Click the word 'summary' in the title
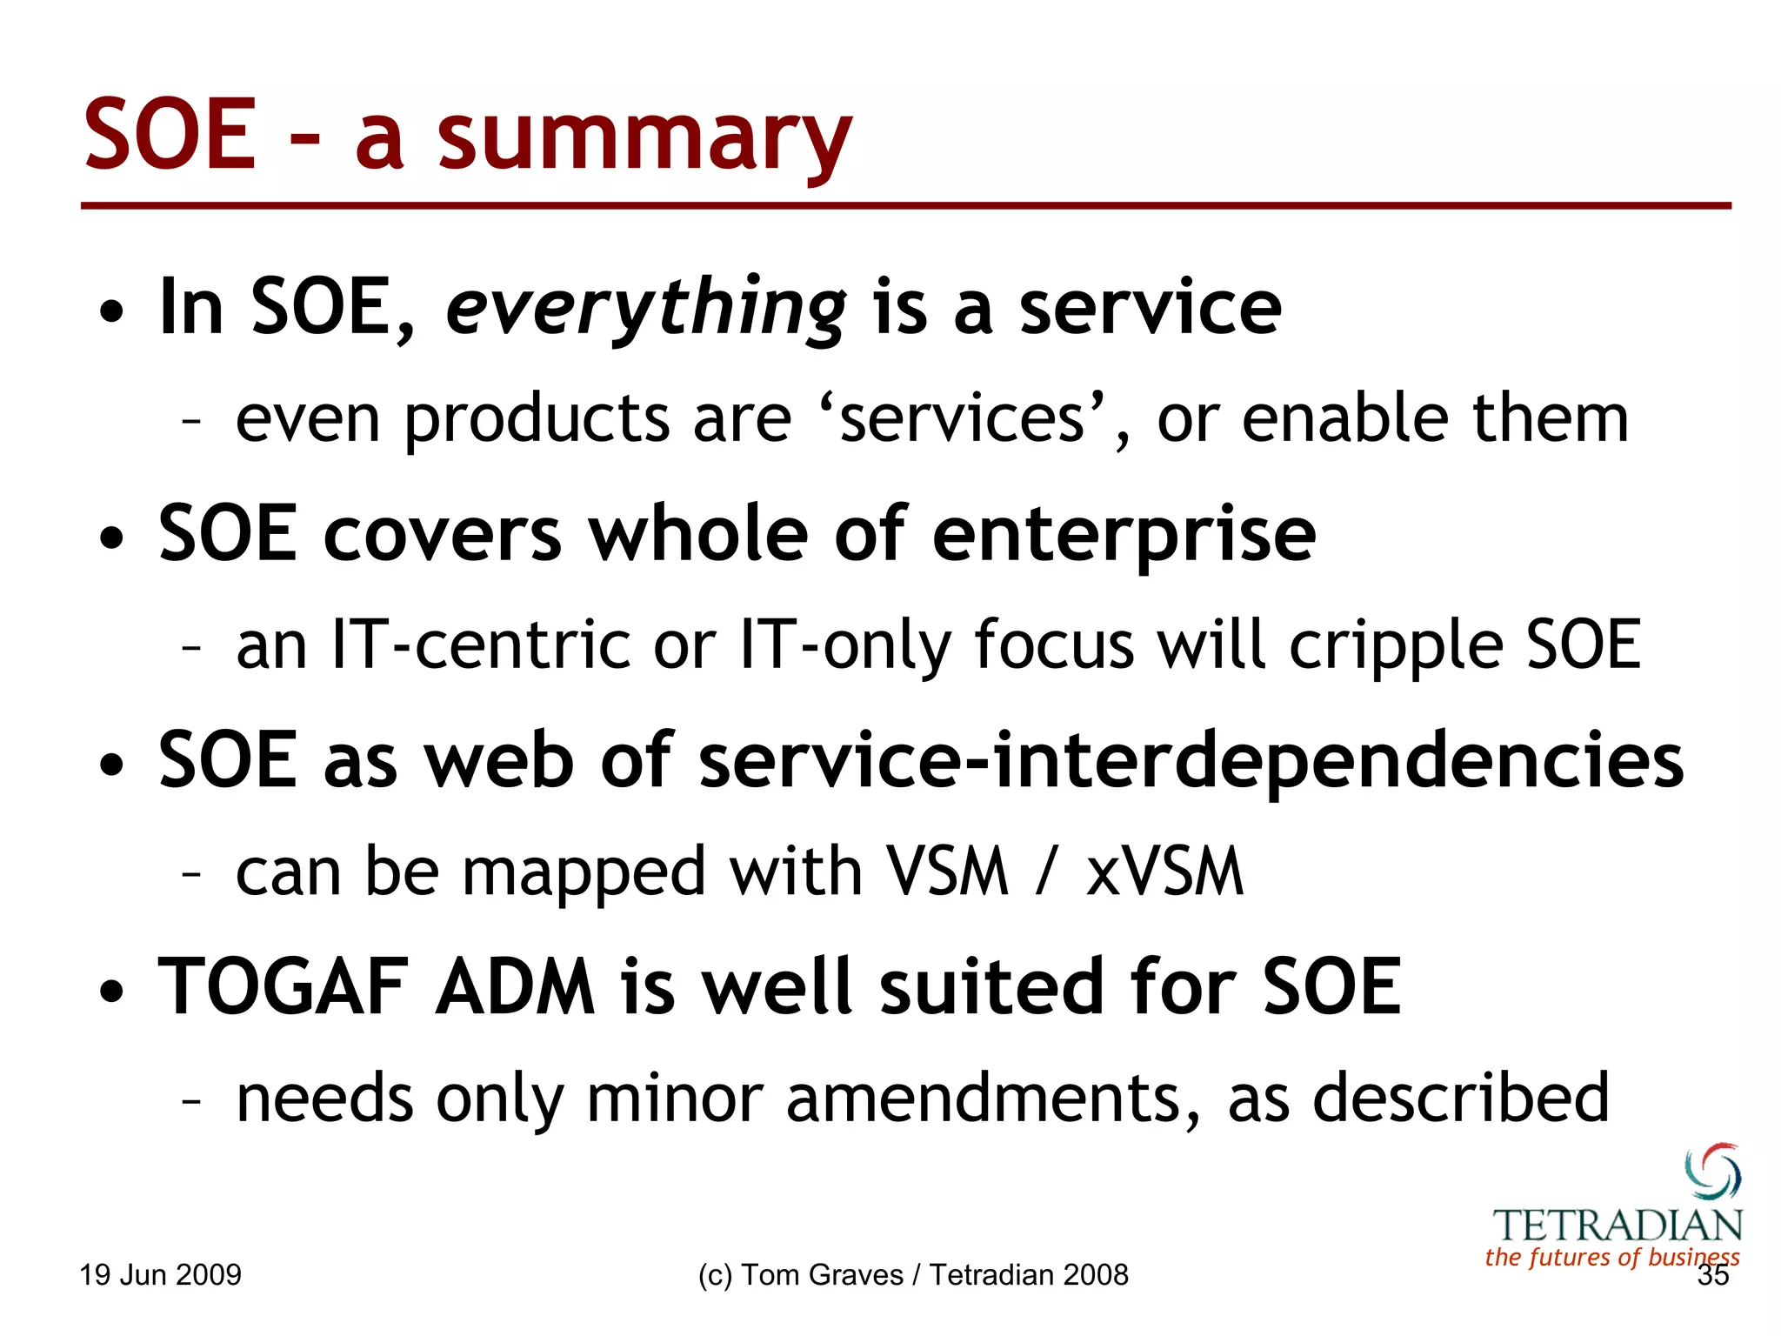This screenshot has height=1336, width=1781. coord(644,139)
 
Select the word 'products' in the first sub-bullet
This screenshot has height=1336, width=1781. coord(537,420)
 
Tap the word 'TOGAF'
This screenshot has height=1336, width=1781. coord(283,987)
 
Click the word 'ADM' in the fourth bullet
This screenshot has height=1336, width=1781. coord(515,987)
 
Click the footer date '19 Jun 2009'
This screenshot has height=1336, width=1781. coord(160,1275)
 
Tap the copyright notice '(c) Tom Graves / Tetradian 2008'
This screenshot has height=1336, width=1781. coord(912,1275)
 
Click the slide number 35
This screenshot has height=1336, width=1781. coord(1712,1276)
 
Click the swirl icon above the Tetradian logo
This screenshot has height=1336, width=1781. coord(1712,1172)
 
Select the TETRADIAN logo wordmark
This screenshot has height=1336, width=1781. coord(1618,1226)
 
